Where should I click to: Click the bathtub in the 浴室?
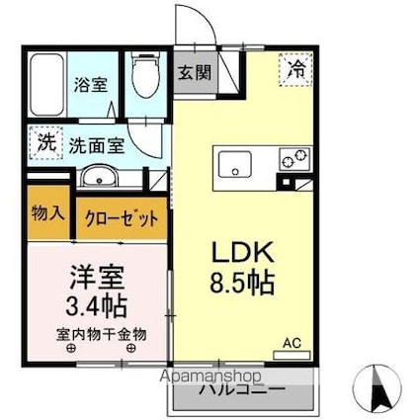47,83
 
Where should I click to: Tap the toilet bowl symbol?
145,79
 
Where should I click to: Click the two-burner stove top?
294,158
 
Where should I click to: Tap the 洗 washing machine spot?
46,142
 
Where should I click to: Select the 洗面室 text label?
95,144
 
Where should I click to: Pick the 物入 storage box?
46,215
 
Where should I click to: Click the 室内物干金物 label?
96,335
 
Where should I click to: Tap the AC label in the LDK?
292,342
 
